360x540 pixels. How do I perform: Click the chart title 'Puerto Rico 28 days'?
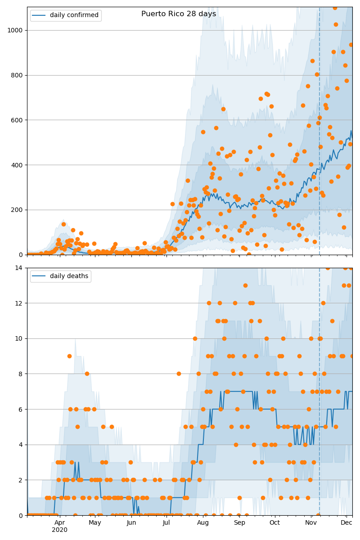point(179,14)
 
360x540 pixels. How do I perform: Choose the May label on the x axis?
point(95,522)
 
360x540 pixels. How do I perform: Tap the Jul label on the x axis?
point(166,522)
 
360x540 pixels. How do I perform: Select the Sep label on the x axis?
point(239,522)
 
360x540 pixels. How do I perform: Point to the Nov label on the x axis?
point(311,522)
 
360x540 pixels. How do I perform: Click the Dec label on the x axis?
point(346,522)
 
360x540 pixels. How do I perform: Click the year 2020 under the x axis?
point(59,530)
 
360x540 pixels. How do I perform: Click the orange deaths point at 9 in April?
point(69,356)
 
